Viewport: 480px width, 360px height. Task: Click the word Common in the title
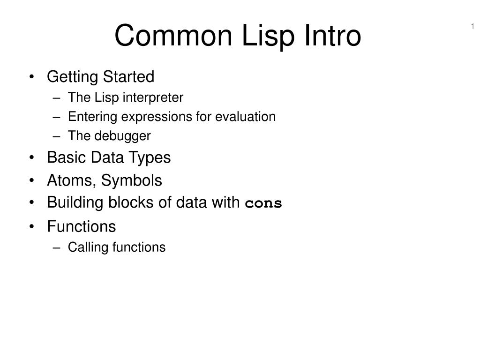point(173,36)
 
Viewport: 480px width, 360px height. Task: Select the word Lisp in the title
point(268,37)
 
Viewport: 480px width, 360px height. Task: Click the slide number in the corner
point(472,26)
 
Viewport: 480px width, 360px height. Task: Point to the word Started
point(128,76)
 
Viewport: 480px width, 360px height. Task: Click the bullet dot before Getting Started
point(31,76)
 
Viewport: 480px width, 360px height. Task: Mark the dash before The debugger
point(56,136)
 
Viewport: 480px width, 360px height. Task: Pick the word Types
point(150,158)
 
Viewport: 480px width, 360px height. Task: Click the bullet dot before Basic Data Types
point(31,157)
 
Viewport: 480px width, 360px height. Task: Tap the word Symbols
point(131,180)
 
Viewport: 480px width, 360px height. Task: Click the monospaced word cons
point(263,203)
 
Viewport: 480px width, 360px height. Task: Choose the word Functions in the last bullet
point(82,226)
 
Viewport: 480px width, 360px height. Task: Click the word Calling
point(88,247)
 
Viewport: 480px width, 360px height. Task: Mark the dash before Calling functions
point(56,248)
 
